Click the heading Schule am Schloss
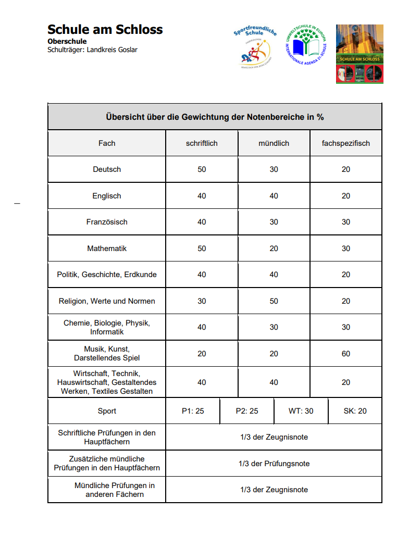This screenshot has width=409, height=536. point(105,30)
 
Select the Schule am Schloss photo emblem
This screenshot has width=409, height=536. point(360,54)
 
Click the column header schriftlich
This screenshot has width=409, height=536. point(202,143)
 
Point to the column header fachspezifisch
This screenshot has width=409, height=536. point(346,143)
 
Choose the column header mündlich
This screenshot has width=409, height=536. point(274,143)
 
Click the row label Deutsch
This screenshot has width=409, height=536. point(107,169)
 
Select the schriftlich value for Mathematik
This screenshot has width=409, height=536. point(202,248)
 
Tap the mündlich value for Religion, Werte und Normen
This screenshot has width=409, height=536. point(274,301)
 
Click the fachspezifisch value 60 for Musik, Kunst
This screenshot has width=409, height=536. point(346,354)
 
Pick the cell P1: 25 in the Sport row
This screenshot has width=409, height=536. point(193,411)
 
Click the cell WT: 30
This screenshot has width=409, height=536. point(301,411)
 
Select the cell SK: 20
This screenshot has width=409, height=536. point(355,411)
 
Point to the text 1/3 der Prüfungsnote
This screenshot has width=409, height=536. point(274,464)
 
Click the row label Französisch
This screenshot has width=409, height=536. point(107,222)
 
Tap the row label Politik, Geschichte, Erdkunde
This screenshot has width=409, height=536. point(107,275)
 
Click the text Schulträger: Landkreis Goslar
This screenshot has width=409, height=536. point(92,50)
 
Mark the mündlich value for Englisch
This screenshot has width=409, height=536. point(274,196)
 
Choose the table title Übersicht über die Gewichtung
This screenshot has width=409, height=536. point(215,117)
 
